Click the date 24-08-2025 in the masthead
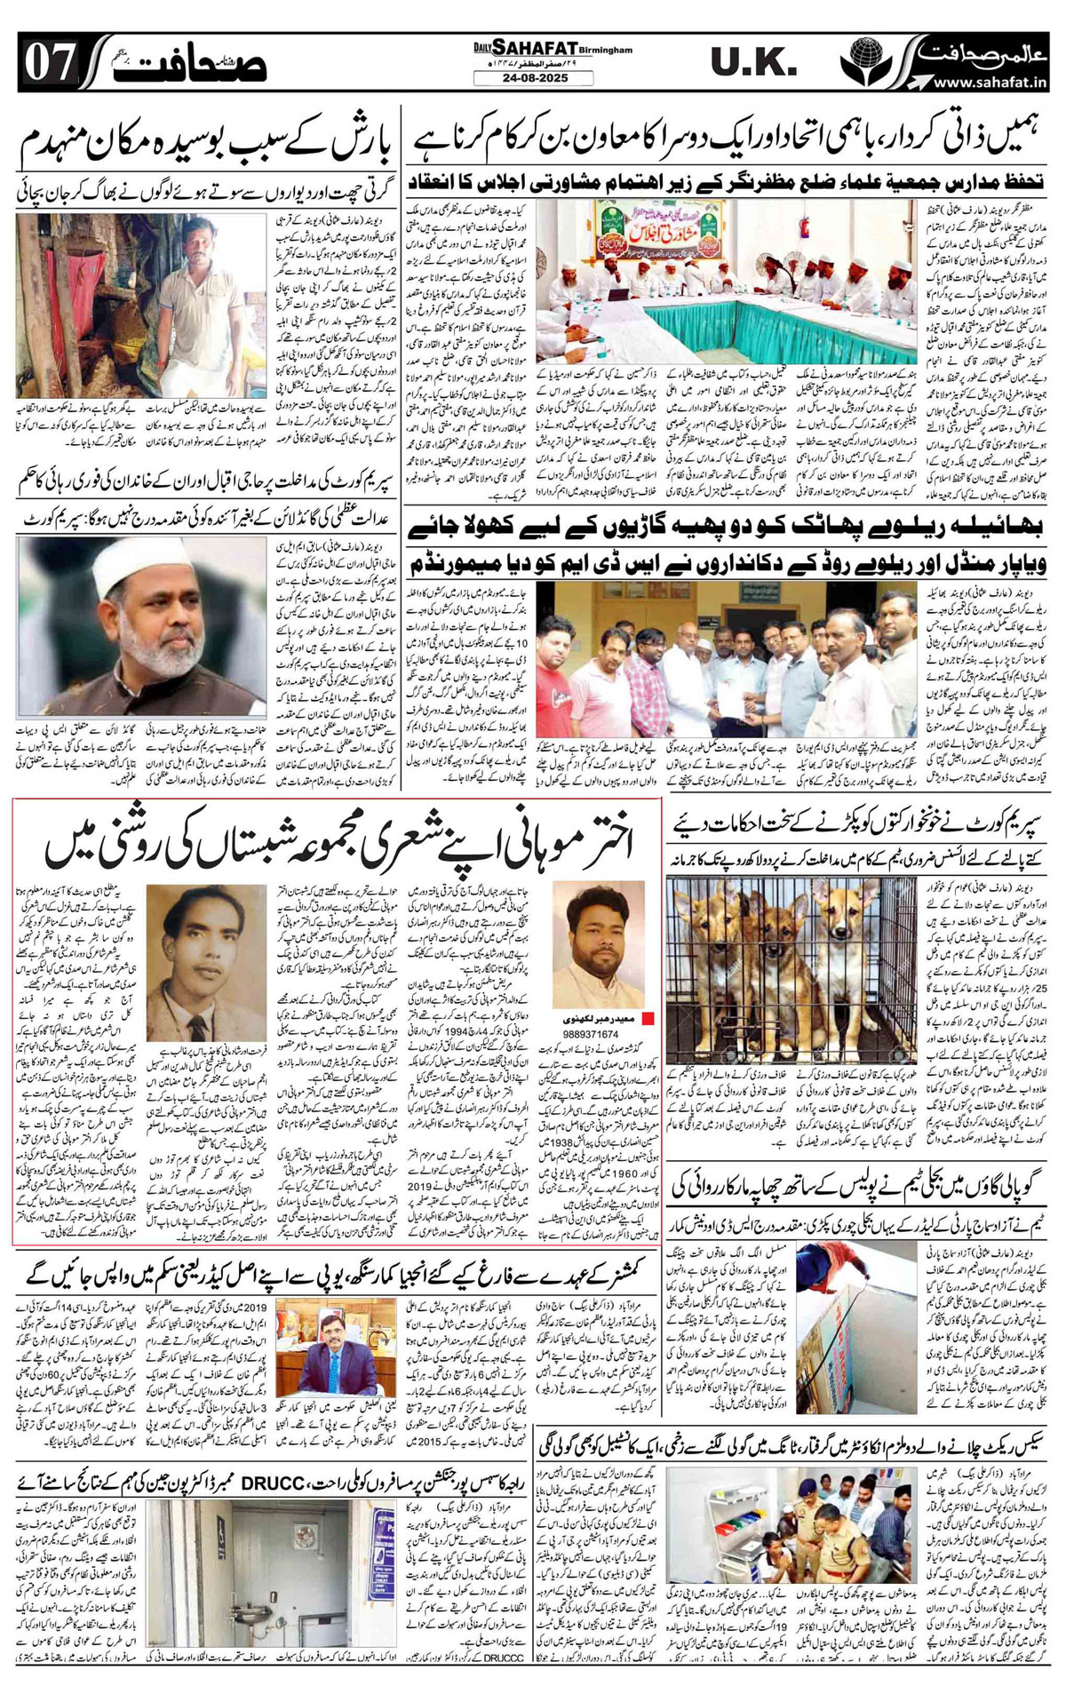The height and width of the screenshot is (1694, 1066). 532,77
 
